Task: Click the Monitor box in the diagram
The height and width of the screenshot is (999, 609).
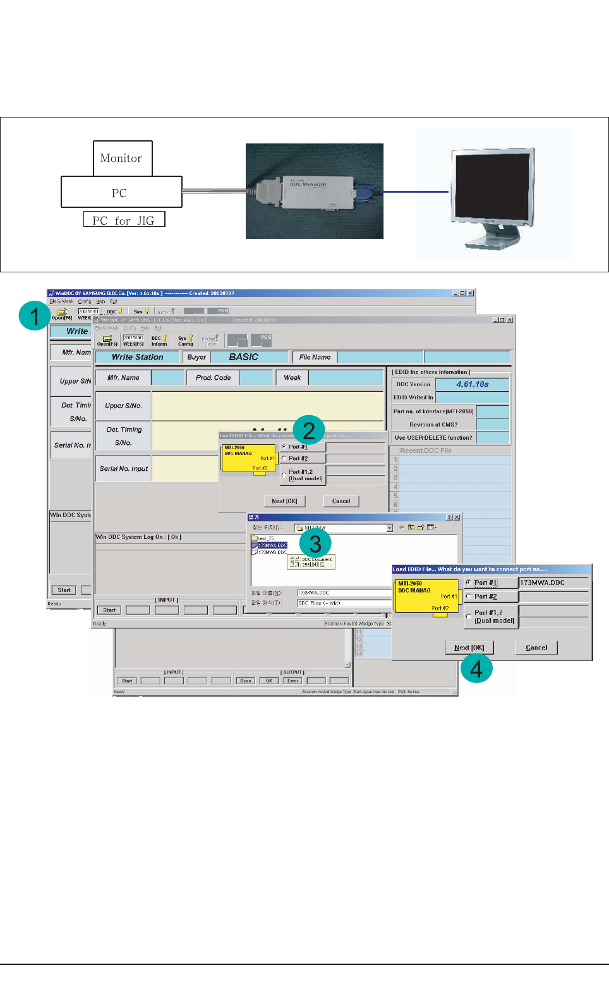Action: point(123,158)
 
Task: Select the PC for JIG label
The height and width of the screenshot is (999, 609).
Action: point(124,220)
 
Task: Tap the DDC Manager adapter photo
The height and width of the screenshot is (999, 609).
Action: point(314,191)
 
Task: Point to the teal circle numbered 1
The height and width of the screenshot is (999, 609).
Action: point(34,315)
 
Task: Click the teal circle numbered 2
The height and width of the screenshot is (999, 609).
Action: point(308,430)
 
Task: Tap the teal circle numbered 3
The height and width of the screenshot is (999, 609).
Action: point(315,543)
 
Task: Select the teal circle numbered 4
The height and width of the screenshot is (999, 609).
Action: point(476,668)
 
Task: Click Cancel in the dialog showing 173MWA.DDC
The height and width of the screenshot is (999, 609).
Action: point(536,648)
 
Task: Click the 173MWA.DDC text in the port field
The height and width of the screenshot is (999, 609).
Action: point(543,583)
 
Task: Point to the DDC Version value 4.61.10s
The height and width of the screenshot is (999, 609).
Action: point(472,384)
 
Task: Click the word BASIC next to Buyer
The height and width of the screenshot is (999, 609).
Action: point(244,357)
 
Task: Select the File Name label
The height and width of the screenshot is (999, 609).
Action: point(315,357)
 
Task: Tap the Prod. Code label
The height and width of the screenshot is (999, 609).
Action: point(213,378)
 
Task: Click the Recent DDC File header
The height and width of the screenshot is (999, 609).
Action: point(426,451)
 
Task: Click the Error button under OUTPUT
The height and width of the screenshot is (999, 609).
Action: point(293,681)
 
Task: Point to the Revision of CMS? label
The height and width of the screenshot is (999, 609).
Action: point(433,425)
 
